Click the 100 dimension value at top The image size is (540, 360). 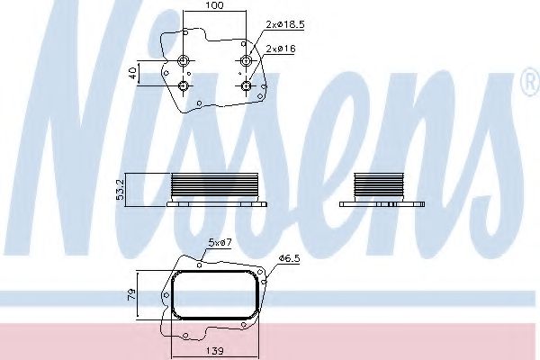point(215,5)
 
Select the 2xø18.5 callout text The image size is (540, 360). point(285,24)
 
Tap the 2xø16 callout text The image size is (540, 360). point(281,49)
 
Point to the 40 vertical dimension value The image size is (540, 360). point(132,73)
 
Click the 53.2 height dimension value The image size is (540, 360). point(121,191)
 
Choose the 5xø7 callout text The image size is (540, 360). point(220,242)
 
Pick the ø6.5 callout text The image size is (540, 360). point(290,258)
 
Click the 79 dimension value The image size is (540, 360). point(132,294)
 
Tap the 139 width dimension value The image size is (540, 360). point(215,351)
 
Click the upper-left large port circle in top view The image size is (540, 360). point(184,61)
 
